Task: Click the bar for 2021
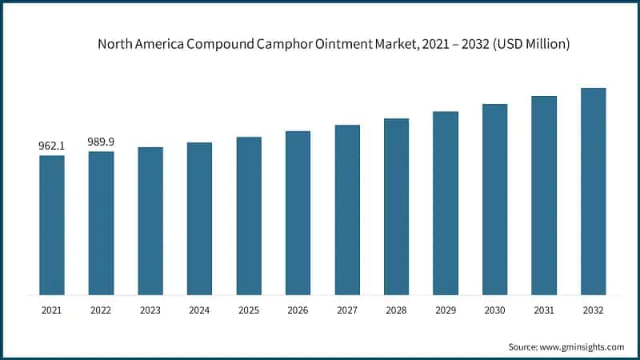tap(52, 225)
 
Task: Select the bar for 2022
tap(101, 223)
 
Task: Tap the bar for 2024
tap(199, 218)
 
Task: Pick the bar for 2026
tap(298, 213)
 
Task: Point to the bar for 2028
tap(396, 206)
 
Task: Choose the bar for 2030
tap(494, 199)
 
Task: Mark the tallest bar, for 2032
tap(593, 191)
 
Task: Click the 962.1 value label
tap(52, 146)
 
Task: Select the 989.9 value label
tap(101, 142)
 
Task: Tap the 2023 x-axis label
tap(150, 309)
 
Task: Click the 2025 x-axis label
tap(249, 309)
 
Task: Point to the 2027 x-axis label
tap(347, 309)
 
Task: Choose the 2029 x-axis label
tap(446, 309)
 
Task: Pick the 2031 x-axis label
tap(544, 309)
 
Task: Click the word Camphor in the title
tap(271, 45)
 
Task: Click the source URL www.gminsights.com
tap(583, 346)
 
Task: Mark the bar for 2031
tap(544, 195)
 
